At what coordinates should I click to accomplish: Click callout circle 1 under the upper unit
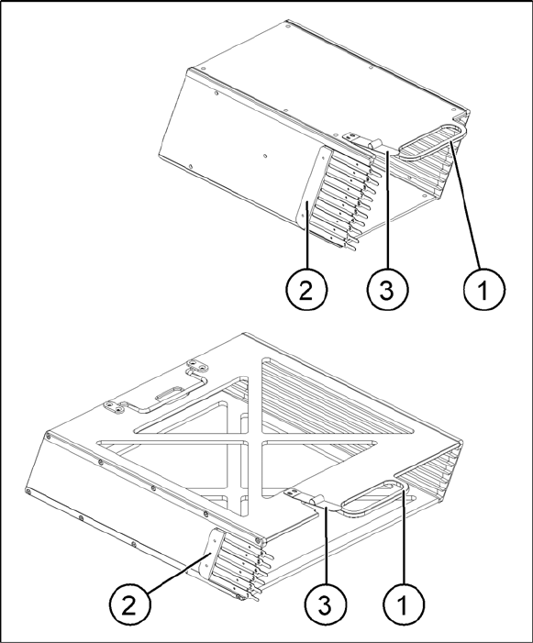484,291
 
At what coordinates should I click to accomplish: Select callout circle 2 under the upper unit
305,291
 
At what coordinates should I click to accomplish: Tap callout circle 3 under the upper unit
386,291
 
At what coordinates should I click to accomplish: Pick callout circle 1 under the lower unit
404,604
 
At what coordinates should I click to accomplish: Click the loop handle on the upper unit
433,142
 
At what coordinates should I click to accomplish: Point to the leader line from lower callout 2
179,572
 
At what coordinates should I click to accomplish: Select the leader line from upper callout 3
386,211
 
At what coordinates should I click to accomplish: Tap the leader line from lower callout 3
326,546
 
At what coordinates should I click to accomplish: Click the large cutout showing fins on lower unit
340,395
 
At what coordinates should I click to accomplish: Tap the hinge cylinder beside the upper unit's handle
374,143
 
